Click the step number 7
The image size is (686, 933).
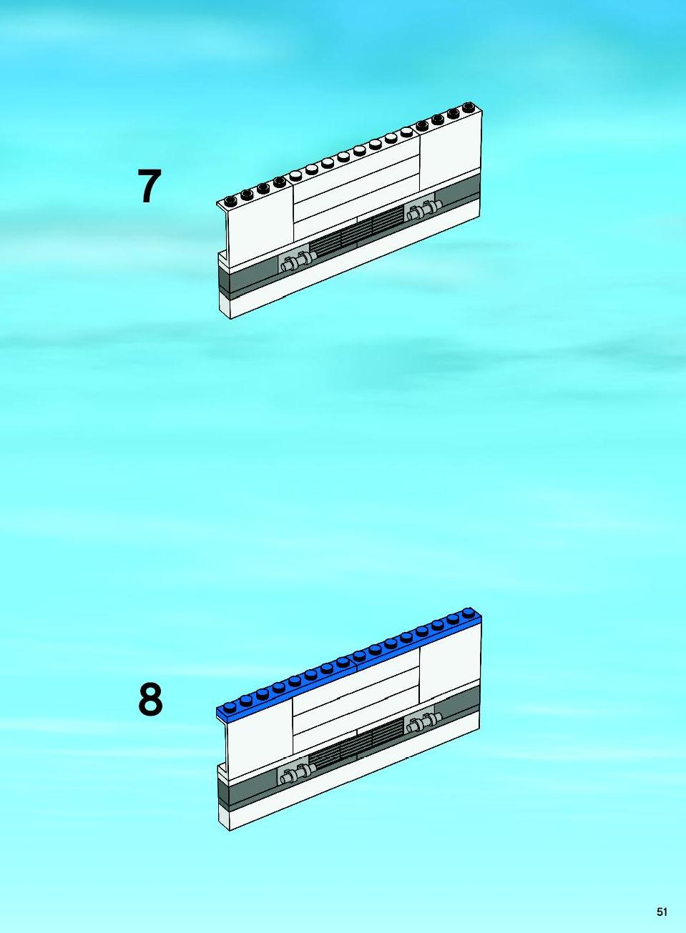click(150, 186)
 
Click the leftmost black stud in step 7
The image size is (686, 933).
click(230, 201)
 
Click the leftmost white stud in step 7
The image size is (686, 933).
click(295, 175)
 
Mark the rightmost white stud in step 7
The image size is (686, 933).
click(406, 132)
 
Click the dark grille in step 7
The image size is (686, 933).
click(357, 231)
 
